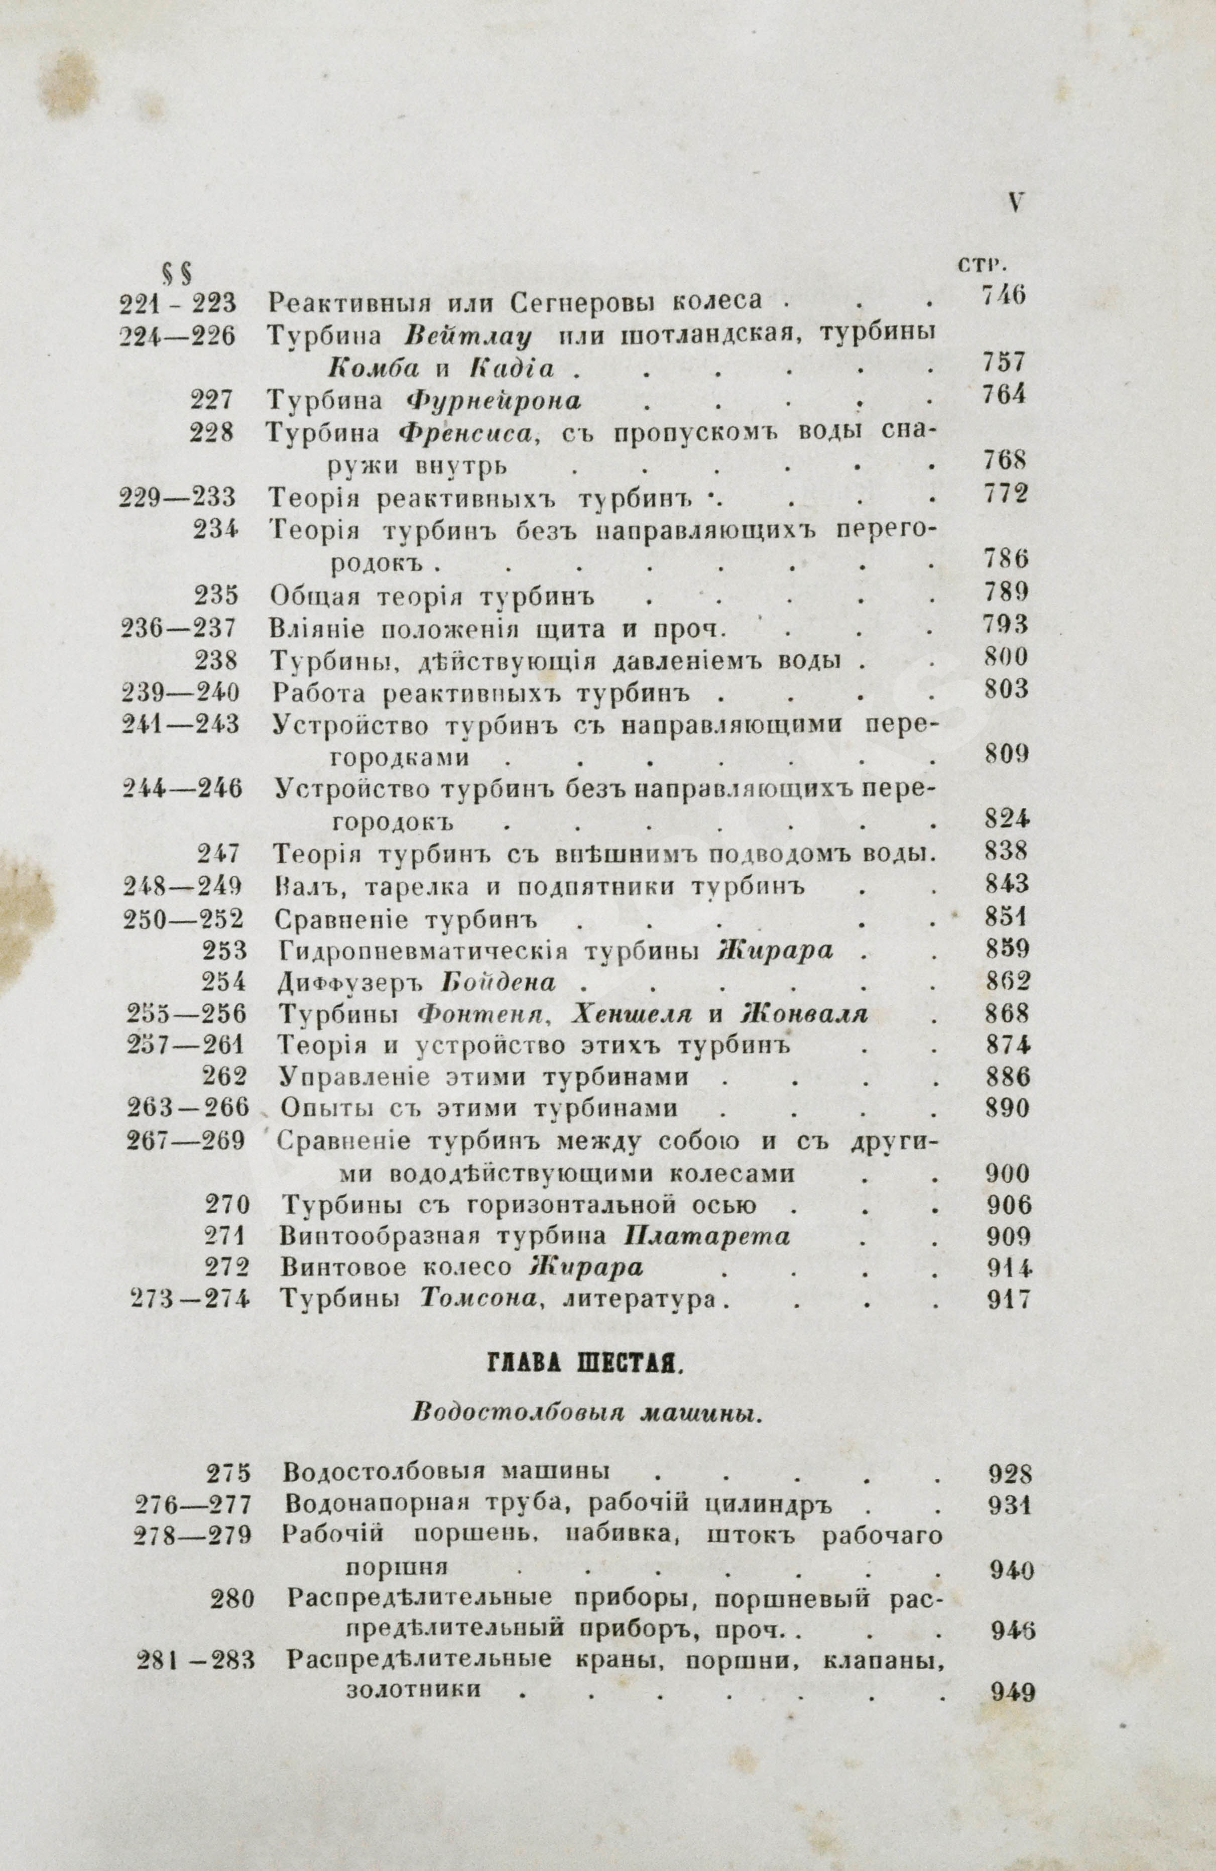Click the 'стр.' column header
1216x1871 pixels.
pyautogui.click(x=983, y=265)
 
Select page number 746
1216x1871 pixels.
pyautogui.click(x=1003, y=297)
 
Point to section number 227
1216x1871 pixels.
pyautogui.click(x=211, y=400)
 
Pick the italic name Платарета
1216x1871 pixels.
pyautogui.click(x=706, y=1237)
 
